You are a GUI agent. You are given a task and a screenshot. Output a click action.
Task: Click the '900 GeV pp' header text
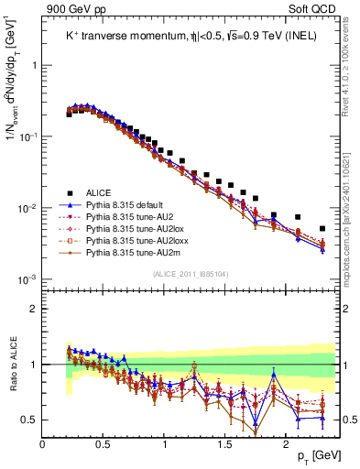pos(71,8)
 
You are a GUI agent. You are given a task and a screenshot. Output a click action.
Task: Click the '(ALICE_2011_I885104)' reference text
pos(191,273)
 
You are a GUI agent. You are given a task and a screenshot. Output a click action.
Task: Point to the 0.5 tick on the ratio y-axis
pos(30,420)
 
